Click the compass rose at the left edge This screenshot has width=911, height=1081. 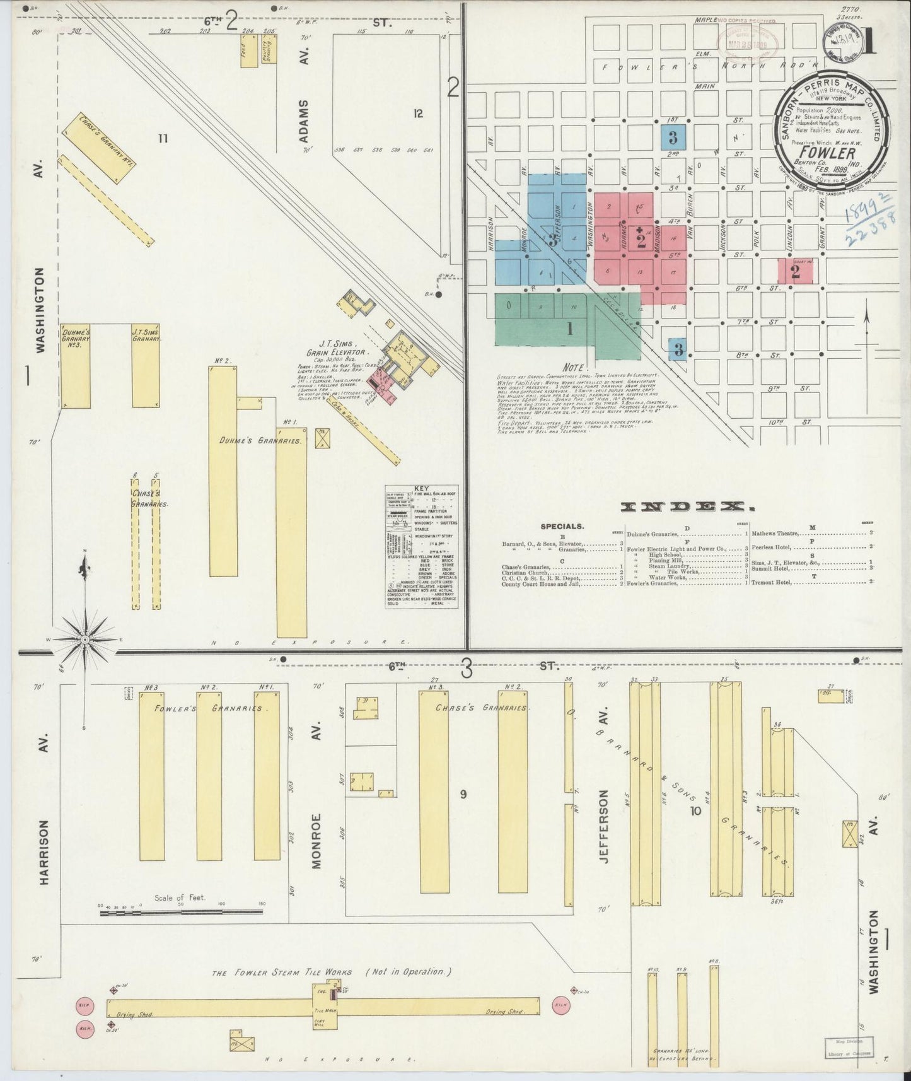[85, 640]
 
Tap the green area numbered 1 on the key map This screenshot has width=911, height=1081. [569, 328]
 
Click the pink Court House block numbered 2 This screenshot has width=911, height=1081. [795, 271]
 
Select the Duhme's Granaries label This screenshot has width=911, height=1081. [260, 441]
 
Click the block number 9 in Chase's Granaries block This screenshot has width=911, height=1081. [463, 794]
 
